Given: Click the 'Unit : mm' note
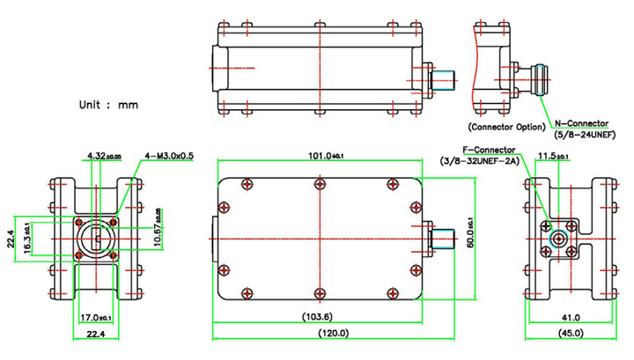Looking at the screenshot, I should click(x=108, y=105).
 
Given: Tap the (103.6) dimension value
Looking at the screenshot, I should click(x=319, y=317).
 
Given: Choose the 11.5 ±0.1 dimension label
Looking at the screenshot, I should click(x=553, y=156).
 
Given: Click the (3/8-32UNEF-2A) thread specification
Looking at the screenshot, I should click(x=480, y=160).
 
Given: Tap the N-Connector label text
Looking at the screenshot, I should click(x=582, y=123).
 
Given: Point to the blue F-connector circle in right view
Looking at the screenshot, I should click(x=558, y=238).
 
